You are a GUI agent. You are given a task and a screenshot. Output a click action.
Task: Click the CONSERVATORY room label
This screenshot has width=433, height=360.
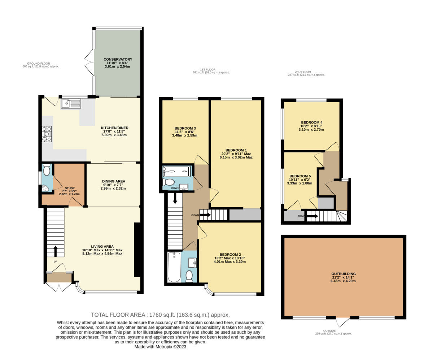click(x=118, y=60)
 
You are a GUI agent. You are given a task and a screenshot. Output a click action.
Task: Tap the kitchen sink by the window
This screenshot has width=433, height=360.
click(x=71, y=104)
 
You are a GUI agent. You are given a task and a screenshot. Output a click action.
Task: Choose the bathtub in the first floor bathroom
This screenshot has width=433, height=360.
click(x=174, y=267)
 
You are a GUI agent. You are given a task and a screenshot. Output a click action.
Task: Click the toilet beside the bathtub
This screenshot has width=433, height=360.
click(x=189, y=276)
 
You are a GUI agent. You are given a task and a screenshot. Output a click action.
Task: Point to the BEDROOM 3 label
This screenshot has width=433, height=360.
click(x=185, y=128)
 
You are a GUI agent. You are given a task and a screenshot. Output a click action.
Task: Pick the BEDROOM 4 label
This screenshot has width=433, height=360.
click(x=311, y=122)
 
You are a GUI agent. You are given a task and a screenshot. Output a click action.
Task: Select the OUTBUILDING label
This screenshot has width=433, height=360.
click(x=344, y=274)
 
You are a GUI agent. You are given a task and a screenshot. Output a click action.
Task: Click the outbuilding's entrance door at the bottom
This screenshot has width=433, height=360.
click(x=343, y=321)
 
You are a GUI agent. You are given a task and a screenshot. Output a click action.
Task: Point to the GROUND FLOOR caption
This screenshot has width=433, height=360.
click(x=40, y=63)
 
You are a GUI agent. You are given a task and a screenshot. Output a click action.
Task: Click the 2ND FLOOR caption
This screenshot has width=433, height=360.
click(x=306, y=71)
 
